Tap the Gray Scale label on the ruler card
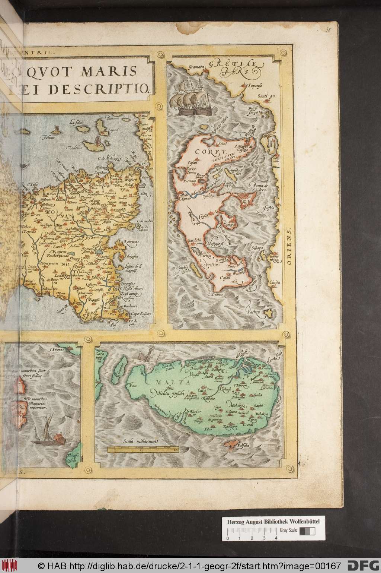[288, 530]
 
